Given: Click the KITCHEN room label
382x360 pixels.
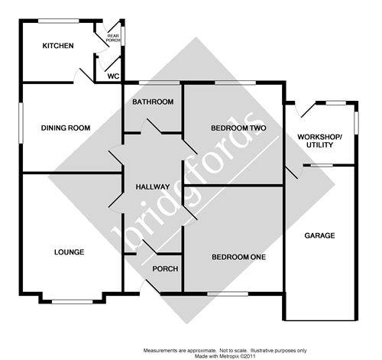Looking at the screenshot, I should click(x=58, y=46).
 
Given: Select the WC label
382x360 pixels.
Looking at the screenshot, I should click(x=113, y=76).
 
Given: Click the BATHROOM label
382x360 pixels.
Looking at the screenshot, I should click(x=153, y=102).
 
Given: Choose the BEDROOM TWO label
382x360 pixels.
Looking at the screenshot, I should click(x=238, y=128).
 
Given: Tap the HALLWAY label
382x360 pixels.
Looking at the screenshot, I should click(x=152, y=187).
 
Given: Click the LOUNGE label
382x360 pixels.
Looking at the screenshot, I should click(x=69, y=251).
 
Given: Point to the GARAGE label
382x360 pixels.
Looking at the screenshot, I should click(x=319, y=235).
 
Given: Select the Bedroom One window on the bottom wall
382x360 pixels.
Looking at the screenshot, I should click(x=227, y=294).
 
